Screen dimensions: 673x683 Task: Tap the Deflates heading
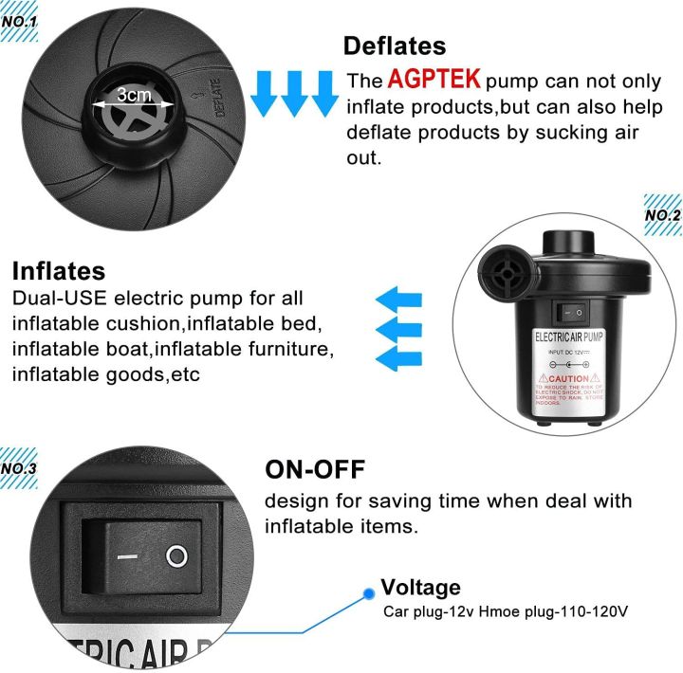[x=394, y=45]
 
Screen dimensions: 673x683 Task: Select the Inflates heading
[x=59, y=271]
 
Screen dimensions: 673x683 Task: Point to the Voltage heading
[x=420, y=588]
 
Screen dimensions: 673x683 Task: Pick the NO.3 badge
[x=19, y=467]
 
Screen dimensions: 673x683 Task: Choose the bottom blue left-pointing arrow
[x=398, y=357]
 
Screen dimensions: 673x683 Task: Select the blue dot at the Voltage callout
[x=367, y=594]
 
